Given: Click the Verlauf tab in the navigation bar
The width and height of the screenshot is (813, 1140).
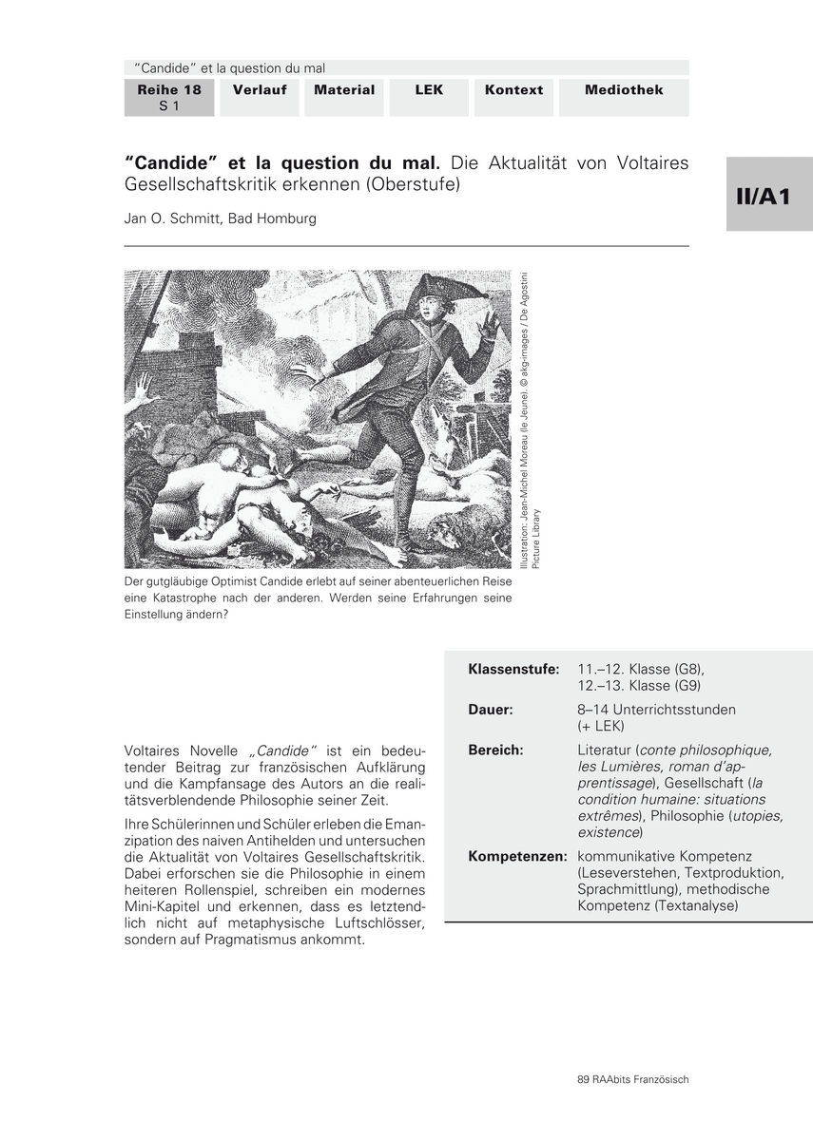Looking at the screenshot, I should pyautogui.click(x=261, y=90).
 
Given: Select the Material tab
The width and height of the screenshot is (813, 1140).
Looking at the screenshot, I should pyautogui.click(x=344, y=90).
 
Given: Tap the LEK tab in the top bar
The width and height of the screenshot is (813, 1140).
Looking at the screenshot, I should pyautogui.click(x=429, y=90).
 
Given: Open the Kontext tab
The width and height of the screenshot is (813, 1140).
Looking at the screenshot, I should pyautogui.click(x=513, y=90).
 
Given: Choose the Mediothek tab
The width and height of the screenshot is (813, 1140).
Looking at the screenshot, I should pyautogui.click(x=624, y=90).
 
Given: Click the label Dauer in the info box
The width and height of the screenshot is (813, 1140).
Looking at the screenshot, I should pyautogui.click(x=491, y=710).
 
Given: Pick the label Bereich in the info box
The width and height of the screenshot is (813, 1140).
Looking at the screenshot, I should pyautogui.click(x=495, y=750).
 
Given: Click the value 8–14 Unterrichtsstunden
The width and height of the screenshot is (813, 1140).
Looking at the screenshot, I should pyautogui.click(x=656, y=710).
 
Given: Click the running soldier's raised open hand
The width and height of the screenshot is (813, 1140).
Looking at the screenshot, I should pyautogui.click(x=488, y=326).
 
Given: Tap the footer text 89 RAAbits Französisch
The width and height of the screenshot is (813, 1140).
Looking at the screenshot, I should pyautogui.click(x=632, y=1079).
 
